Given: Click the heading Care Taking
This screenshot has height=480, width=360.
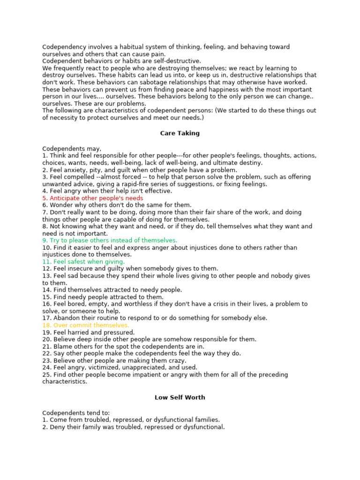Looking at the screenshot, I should point(180,133).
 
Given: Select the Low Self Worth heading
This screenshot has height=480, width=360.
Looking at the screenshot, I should point(180,397).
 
